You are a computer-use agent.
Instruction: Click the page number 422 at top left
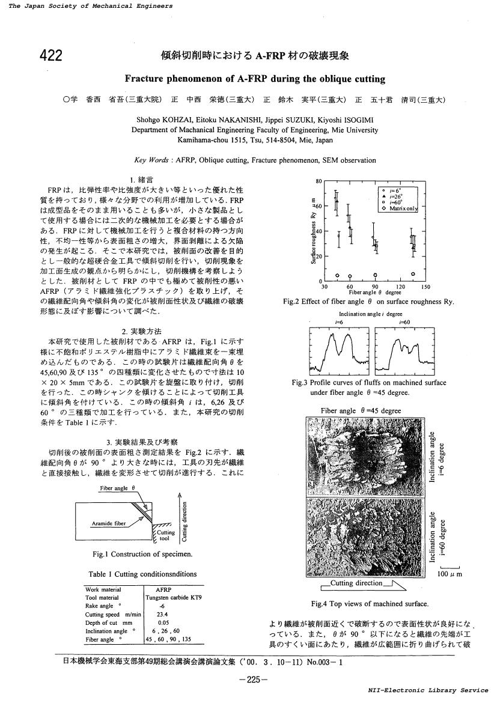(51, 56)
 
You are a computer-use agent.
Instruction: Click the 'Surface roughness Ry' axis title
(313, 231)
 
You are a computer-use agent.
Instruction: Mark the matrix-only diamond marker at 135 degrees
(413, 274)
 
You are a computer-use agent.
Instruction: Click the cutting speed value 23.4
(162, 615)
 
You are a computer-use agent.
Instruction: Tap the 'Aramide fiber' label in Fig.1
(108, 523)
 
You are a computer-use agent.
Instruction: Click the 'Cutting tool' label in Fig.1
(166, 535)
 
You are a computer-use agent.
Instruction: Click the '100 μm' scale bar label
(450, 574)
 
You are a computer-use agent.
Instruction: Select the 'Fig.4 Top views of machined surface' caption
(370, 603)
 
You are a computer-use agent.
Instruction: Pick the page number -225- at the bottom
(253, 680)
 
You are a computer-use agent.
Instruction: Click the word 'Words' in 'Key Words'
(157, 160)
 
